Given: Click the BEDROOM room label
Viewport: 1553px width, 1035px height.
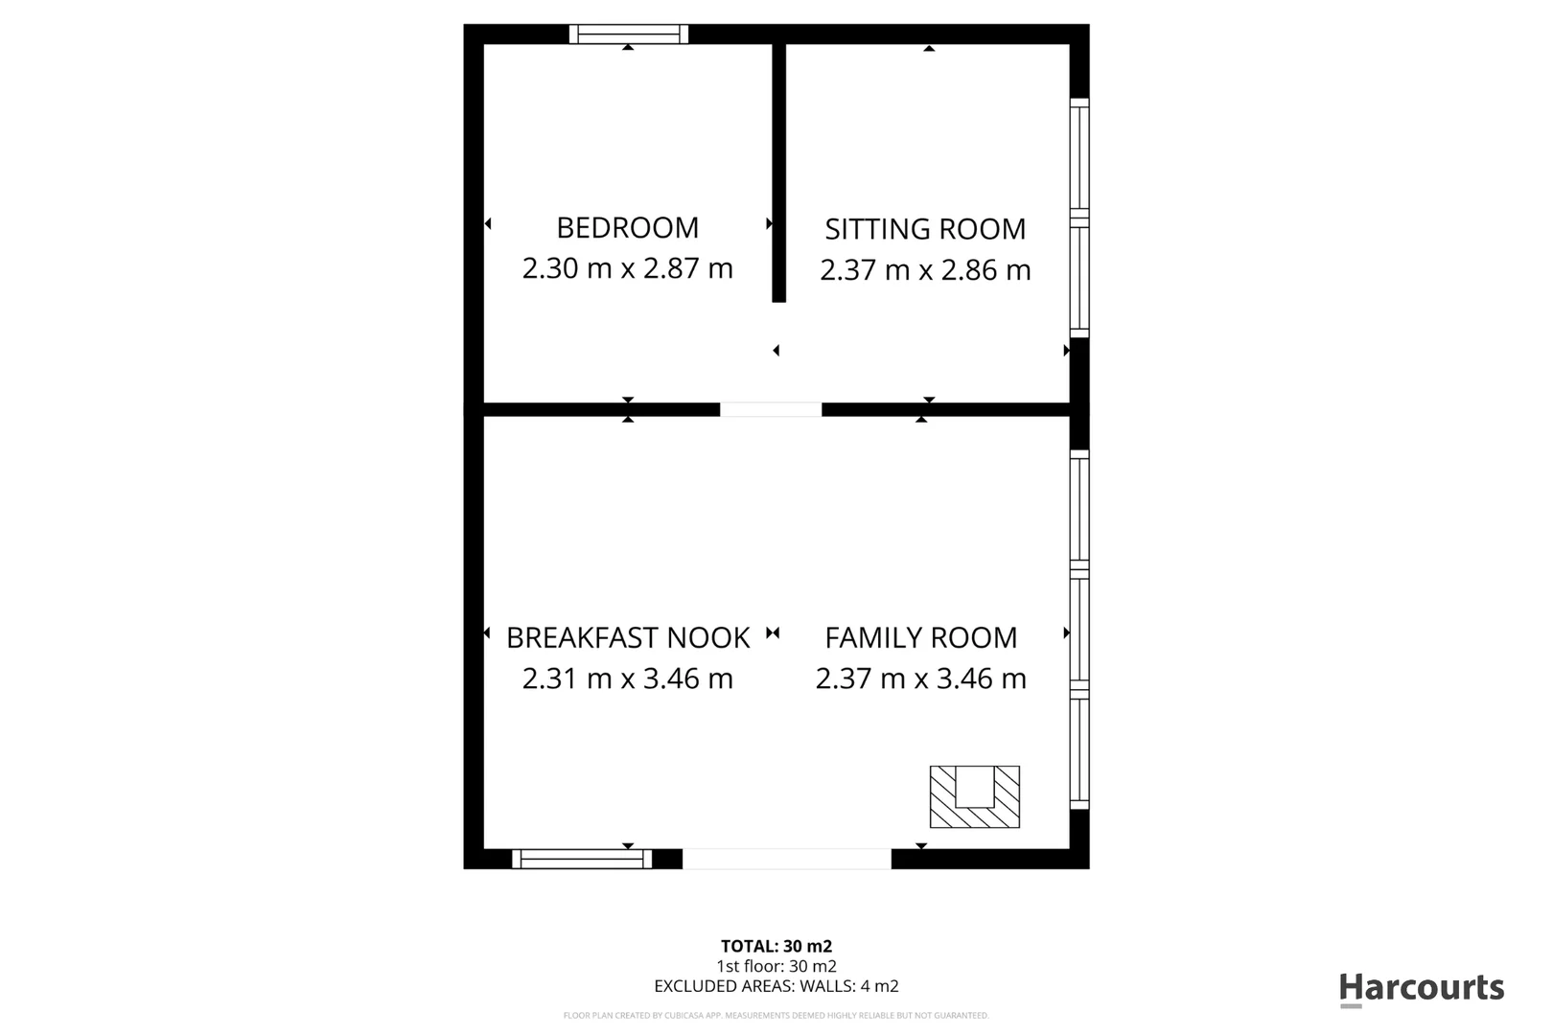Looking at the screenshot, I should point(627,228).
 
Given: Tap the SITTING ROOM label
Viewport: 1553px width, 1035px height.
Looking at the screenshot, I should point(925,229).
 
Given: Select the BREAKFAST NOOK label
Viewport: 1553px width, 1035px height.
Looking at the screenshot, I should point(628,637).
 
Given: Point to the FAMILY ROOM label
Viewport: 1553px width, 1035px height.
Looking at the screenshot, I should point(920,637).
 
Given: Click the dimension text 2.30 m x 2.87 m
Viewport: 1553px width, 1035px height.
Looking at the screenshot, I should point(627,268).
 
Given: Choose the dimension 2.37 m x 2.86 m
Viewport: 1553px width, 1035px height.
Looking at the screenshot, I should point(925,270).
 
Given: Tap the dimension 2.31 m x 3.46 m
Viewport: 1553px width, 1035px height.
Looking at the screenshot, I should point(627,678).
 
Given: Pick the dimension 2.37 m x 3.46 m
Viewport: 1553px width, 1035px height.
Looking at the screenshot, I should point(920,678).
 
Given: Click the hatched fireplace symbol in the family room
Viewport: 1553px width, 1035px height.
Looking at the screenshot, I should point(974,796).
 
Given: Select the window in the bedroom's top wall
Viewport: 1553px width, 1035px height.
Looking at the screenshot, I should point(628,34).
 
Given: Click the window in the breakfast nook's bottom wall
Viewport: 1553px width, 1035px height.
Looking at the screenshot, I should point(582,859).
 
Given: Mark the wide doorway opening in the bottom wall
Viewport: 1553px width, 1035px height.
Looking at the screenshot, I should point(786,859).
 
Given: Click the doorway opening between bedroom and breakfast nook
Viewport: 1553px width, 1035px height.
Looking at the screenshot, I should point(771,409).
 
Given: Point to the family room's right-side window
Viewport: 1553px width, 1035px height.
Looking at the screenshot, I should point(1079,630).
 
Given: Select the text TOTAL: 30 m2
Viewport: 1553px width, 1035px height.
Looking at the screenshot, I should point(776,947).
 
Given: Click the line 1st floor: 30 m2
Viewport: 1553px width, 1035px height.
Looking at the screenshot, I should point(776,966).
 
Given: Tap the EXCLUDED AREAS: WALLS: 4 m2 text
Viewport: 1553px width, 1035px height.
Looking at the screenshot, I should point(776,985).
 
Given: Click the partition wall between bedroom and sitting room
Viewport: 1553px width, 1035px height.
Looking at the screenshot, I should point(778,172).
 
